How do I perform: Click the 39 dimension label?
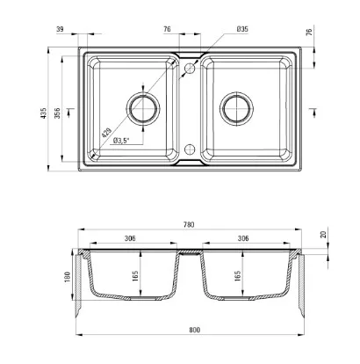(60, 29)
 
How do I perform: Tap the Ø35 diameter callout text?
(242, 29)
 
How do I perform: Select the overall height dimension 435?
(44, 113)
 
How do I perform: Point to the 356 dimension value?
(57, 113)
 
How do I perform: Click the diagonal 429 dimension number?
(106, 133)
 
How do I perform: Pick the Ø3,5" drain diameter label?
(121, 141)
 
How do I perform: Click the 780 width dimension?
(189, 225)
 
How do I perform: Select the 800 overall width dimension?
(194, 330)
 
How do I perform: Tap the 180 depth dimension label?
(67, 277)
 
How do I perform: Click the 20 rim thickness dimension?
(323, 235)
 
